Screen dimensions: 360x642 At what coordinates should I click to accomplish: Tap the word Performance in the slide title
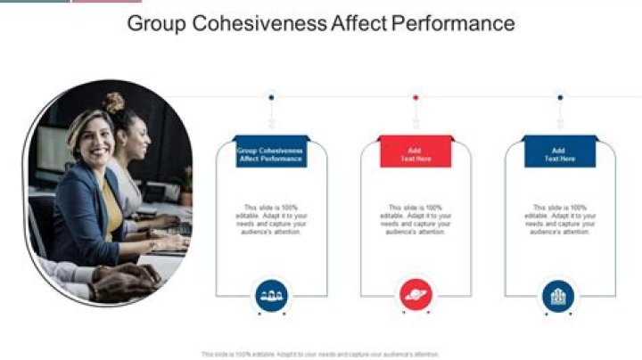click(453, 24)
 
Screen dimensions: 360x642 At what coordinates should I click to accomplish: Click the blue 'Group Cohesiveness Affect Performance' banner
click(271, 154)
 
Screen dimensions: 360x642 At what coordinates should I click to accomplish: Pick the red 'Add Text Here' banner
click(416, 154)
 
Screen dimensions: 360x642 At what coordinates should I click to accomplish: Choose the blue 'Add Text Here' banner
click(560, 154)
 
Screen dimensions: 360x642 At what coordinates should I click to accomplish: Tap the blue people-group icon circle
click(271, 295)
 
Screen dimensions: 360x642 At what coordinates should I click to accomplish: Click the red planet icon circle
click(416, 295)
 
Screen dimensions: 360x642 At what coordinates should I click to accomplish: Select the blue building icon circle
click(559, 295)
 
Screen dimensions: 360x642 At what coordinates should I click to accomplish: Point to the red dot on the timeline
click(416, 97)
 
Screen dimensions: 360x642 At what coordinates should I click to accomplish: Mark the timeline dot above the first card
click(271, 97)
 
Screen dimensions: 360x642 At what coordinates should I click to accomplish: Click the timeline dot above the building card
click(560, 97)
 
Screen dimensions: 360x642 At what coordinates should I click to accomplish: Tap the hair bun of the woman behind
click(113, 102)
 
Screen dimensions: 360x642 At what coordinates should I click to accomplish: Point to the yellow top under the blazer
click(111, 207)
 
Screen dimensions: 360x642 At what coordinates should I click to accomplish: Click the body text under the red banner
click(416, 219)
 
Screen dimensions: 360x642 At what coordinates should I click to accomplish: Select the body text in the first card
click(271, 219)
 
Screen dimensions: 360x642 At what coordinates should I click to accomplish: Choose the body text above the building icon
click(560, 219)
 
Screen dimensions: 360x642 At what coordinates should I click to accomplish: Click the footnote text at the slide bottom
click(321, 354)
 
